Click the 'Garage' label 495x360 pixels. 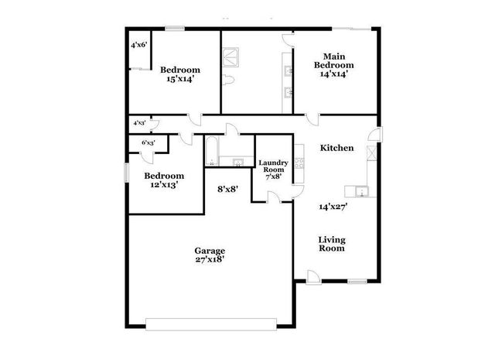point(209,251)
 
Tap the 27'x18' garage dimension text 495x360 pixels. point(209,261)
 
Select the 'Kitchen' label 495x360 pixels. point(336,148)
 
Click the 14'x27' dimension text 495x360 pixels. point(333,207)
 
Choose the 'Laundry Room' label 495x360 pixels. point(273,166)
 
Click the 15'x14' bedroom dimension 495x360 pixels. point(179,79)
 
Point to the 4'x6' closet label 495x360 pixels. point(139,45)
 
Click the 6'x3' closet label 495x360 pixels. point(148,143)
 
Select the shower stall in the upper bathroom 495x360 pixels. point(230,55)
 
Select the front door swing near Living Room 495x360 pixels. point(311,275)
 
